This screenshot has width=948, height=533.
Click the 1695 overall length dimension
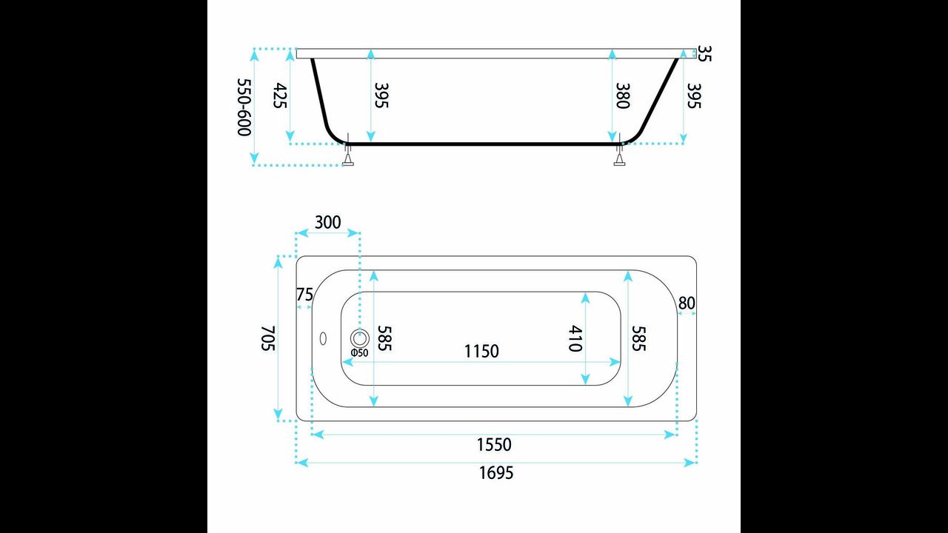pos(496,472)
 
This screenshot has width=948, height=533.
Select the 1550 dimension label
pos(494,445)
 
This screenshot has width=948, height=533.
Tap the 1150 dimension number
pos(481,351)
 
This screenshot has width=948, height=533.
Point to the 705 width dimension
pos(268,338)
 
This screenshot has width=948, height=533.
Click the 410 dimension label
pos(575,338)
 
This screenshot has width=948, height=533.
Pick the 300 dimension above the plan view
pos(328,222)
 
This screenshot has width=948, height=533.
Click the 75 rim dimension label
pos(304,294)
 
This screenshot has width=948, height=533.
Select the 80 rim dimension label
pos(687,304)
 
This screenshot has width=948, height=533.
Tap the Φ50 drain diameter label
pos(359,353)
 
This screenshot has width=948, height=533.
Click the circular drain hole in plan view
pos(360,338)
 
